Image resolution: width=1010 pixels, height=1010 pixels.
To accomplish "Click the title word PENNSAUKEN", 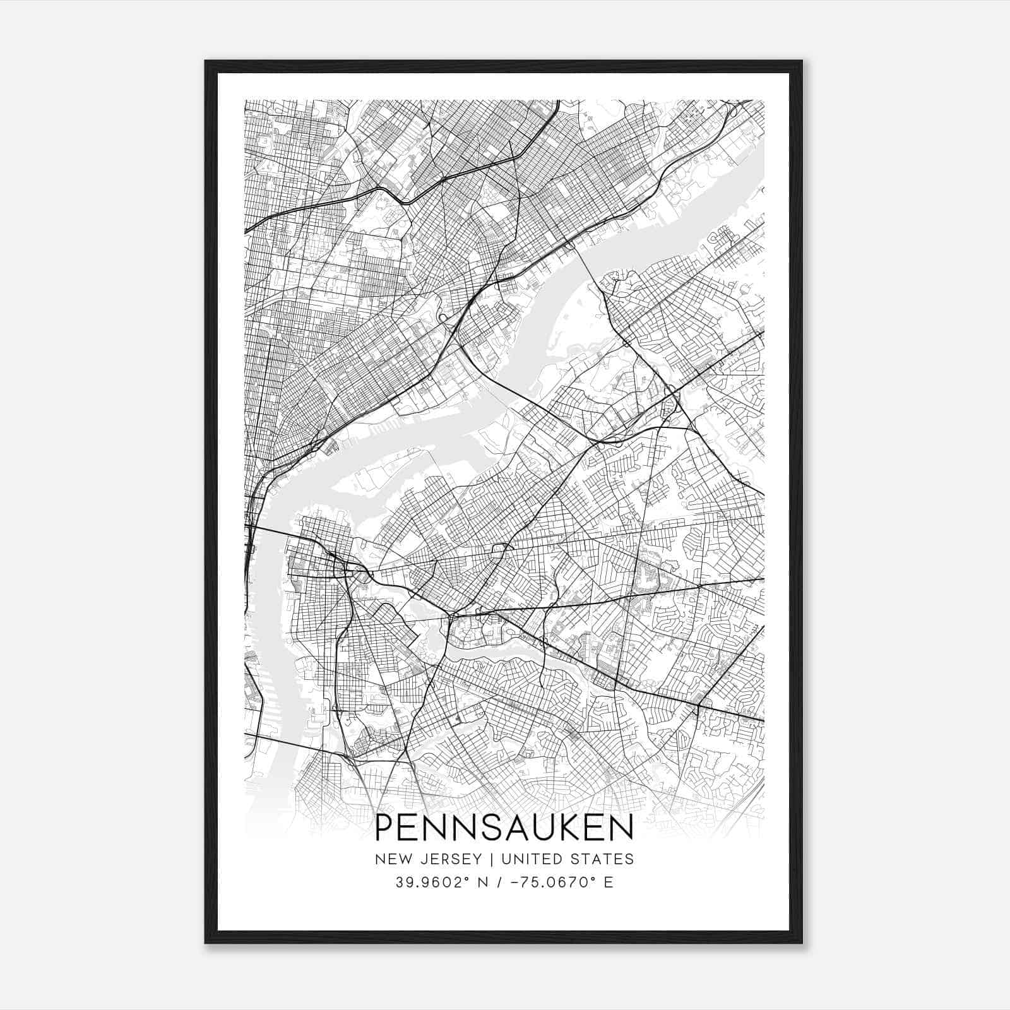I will click(x=504, y=828).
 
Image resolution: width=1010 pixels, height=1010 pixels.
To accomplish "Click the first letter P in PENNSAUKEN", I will click(x=384, y=828).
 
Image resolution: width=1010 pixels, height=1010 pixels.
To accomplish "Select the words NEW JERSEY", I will click(x=427, y=859).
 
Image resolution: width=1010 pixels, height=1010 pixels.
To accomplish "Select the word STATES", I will click(x=609, y=859).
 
